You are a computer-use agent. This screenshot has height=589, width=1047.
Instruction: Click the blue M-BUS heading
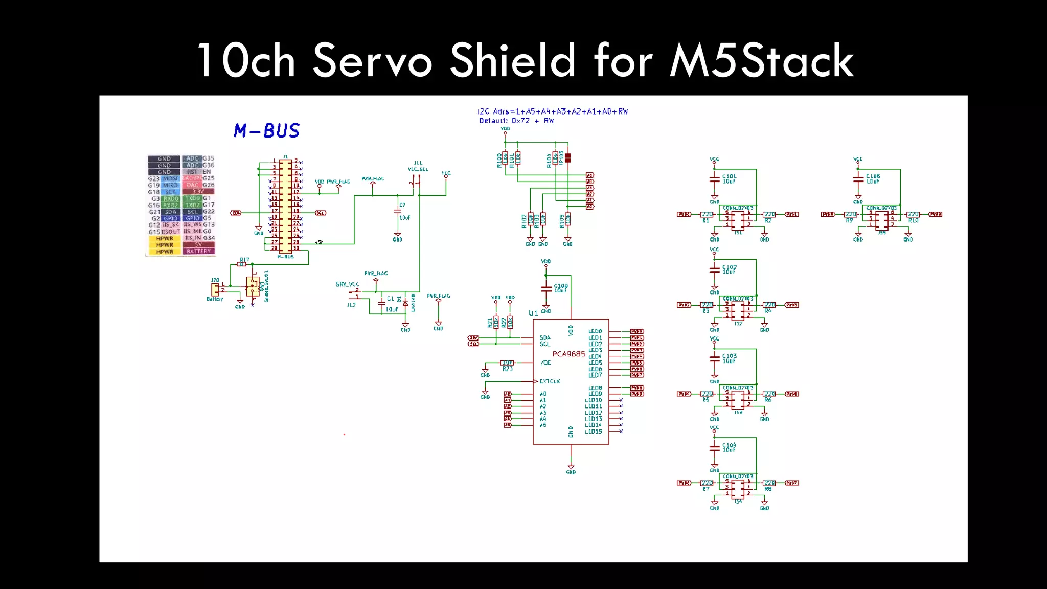pos(266,131)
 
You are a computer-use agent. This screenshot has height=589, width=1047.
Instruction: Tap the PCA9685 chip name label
pos(568,354)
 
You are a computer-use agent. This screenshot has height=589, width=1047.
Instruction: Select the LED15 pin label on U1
pos(594,432)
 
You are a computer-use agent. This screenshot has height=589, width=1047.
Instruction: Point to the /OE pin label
pos(546,363)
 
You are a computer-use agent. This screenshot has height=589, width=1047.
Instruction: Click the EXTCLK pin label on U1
pos(550,381)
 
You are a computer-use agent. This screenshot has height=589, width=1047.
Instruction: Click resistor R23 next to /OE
pos(507,363)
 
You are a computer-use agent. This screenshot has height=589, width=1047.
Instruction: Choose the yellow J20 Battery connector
pos(215,288)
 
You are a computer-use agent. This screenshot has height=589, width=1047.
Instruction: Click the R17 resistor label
pos(244,260)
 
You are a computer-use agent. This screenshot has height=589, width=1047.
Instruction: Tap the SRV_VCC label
pos(347,284)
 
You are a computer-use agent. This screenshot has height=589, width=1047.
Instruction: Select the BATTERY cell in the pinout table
pos(198,252)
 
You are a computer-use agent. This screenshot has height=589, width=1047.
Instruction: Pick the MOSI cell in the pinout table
pos(170,178)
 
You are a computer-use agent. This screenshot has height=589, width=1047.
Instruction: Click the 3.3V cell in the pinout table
pos(198,192)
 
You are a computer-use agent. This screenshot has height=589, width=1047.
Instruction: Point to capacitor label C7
pos(402,205)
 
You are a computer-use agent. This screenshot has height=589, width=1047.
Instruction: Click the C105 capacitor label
pos(873,176)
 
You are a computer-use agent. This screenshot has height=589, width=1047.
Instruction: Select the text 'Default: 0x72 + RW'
pos(516,121)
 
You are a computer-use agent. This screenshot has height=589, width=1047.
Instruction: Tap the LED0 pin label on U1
pos(595,331)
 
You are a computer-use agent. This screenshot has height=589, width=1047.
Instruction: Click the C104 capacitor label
pos(729,445)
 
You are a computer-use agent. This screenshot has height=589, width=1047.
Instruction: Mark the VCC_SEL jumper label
pos(418,169)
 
